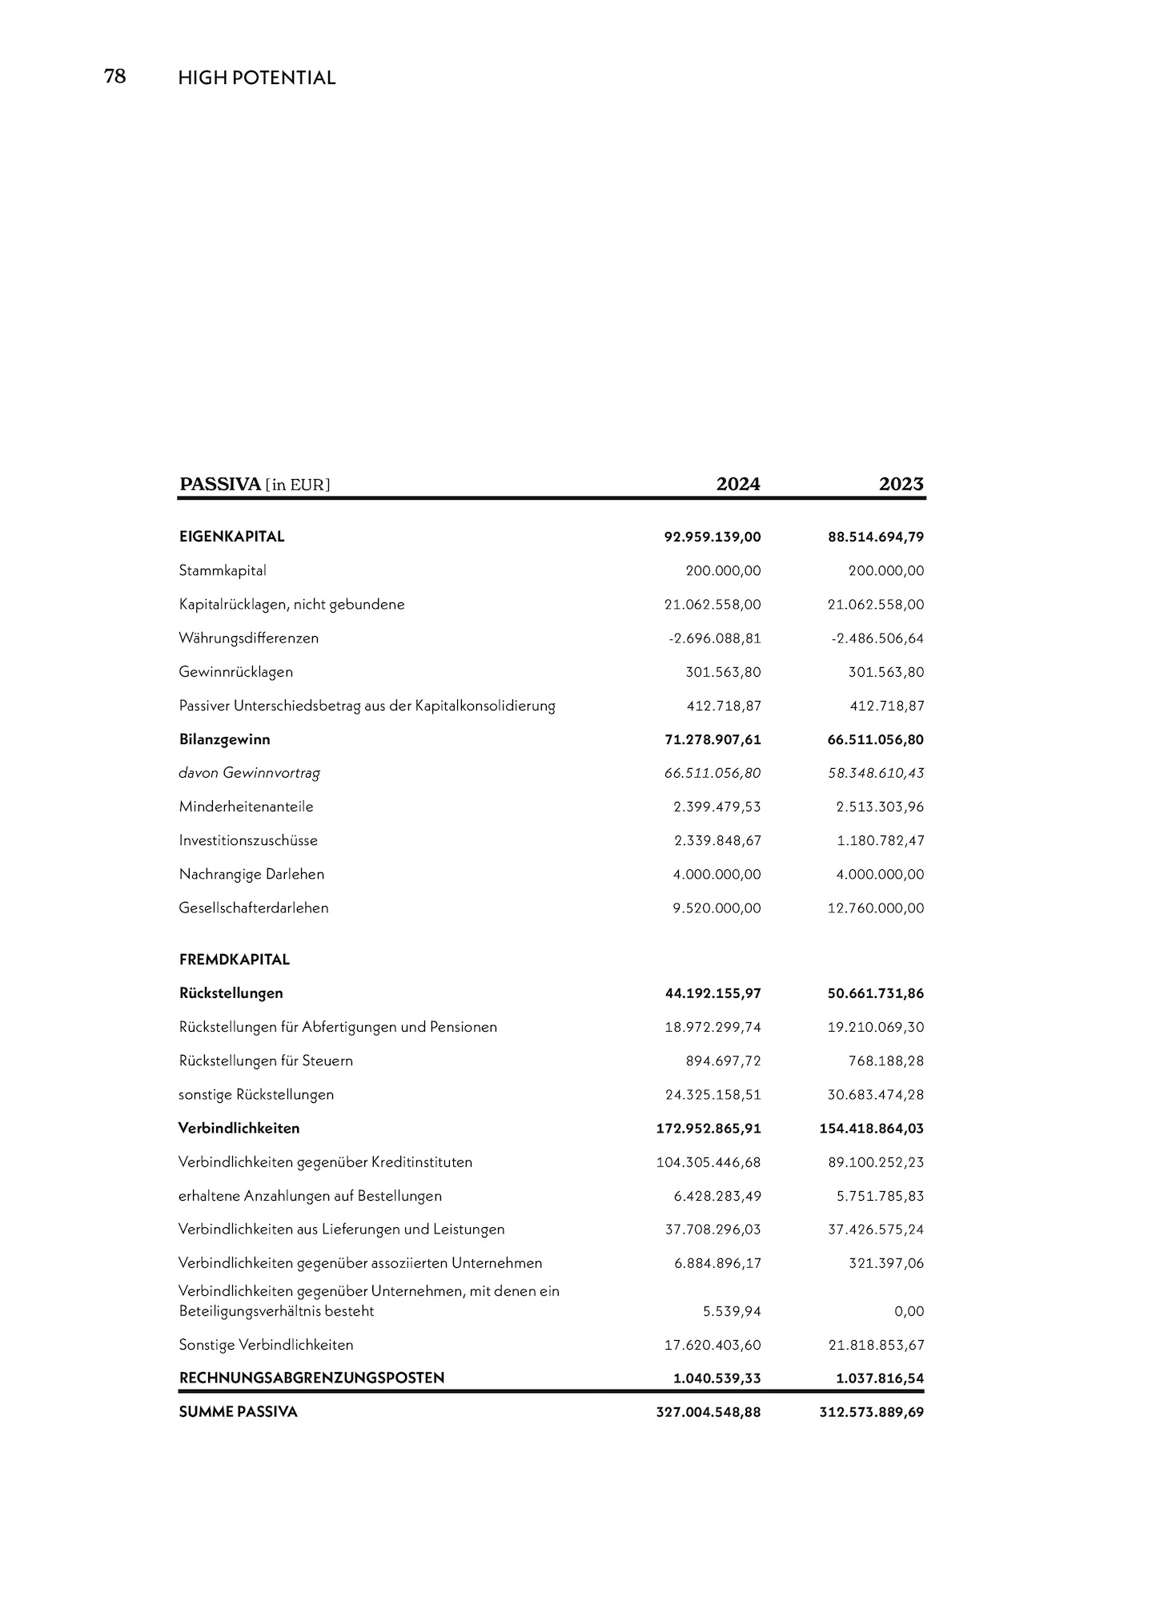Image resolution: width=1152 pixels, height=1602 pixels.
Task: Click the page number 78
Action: (115, 76)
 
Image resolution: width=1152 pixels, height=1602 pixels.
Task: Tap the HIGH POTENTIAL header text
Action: (256, 78)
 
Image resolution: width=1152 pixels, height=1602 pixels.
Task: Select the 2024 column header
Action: (737, 484)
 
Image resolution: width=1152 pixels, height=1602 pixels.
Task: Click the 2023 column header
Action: (901, 484)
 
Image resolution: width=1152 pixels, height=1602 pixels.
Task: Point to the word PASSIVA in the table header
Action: (220, 484)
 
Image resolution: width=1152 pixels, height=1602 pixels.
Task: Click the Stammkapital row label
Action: (223, 570)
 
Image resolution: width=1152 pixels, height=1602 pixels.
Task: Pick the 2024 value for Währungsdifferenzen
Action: (714, 638)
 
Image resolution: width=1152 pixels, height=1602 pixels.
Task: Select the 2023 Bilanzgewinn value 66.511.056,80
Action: (875, 739)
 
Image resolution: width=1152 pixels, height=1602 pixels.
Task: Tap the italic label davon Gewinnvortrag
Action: (249, 773)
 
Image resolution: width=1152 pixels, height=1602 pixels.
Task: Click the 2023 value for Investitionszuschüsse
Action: (880, 840)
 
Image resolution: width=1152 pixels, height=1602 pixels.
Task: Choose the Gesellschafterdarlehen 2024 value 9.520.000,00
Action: (716, 908)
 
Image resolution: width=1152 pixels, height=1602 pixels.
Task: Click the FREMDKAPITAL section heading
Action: (234, 959)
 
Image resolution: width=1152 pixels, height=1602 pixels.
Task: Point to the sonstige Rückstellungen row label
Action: (255, 1094)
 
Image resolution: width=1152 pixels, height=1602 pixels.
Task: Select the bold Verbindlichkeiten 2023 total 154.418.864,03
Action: (871, 1128)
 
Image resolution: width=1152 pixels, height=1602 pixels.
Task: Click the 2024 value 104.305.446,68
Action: (708, 1161)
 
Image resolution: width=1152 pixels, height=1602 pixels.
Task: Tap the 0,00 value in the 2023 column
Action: (909, 1311)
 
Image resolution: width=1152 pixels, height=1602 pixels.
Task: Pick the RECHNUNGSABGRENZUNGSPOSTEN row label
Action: (311, 1378)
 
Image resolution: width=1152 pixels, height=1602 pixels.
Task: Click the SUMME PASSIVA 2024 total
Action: (708, 1411)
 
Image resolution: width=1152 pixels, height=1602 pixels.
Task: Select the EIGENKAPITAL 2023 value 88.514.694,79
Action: (875, 537)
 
